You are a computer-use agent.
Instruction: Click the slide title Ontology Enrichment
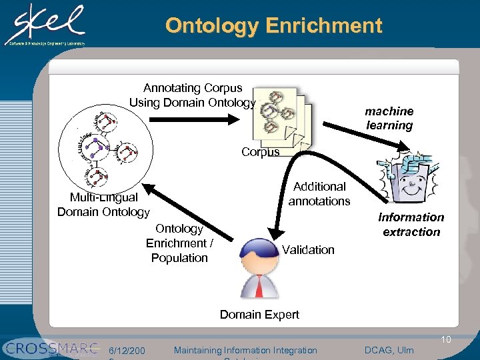tap(273, 26)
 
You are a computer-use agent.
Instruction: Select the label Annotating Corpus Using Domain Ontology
tap(193, 95)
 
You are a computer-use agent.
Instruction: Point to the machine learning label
tap(389, 118)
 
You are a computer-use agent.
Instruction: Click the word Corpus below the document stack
tap(261, 152)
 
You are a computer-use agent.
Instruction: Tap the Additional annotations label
tap(319, 193)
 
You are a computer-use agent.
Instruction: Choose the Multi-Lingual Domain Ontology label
tap(103, 205)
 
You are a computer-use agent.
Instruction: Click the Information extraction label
tap(411, 224)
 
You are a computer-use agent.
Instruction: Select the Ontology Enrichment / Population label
tap(179, 243)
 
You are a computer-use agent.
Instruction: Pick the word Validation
tap(308, 250)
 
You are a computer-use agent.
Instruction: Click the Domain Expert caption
tap(259, 314)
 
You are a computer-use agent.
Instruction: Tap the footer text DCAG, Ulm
tap(389, 350)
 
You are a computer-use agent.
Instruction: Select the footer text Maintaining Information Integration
tap(245, 350)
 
